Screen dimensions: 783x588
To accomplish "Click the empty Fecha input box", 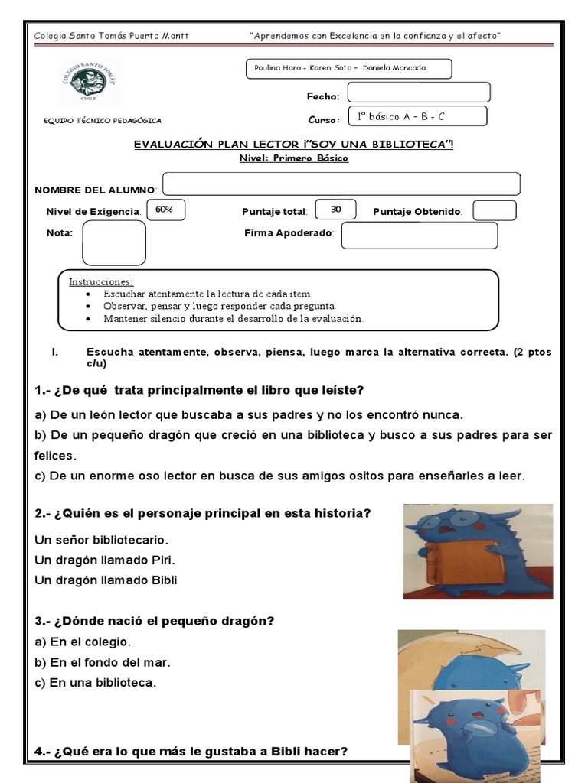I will (418, 93).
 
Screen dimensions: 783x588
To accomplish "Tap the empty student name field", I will (341, 184).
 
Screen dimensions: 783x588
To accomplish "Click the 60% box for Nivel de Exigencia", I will (165, 210).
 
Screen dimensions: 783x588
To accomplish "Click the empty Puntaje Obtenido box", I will (495, 210).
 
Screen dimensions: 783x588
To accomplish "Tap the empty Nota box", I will (113, 242).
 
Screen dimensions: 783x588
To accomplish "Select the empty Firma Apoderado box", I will (419, 236).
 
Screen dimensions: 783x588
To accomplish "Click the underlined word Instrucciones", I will (101, 281).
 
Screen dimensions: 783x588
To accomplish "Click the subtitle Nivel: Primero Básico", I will (293, 158).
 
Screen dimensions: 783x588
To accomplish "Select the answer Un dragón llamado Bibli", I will (106, 580).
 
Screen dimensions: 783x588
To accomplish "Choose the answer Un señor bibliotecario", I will (101, 540).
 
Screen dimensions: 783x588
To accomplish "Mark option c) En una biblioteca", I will (96, 683).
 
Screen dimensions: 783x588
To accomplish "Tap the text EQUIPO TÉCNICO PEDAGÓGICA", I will (103, 120).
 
